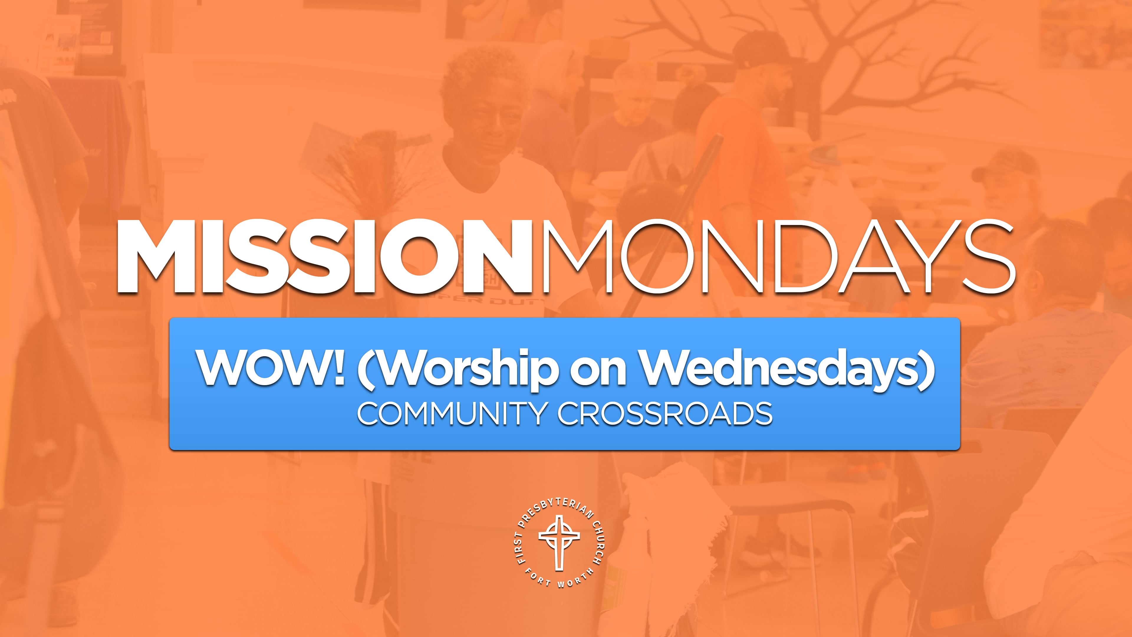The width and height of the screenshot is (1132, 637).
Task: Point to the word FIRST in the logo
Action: point(520,548)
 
